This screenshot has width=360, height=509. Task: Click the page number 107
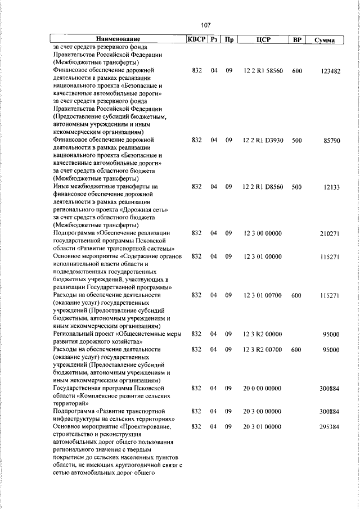tap(205, 25)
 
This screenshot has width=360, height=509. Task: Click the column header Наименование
tap(118, 40)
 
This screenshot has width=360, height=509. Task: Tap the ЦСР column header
tap(263, 40)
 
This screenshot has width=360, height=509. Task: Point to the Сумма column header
tap(325, 40)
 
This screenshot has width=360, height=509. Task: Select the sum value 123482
tap(328, 71)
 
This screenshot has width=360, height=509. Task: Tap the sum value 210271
tap(328, 233)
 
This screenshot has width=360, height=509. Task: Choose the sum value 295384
tap(328, 428)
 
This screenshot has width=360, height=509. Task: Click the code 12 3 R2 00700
tap(263, 350)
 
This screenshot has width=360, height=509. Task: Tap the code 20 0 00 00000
tap(263, 389)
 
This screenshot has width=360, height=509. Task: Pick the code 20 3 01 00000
tap(263, 427)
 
